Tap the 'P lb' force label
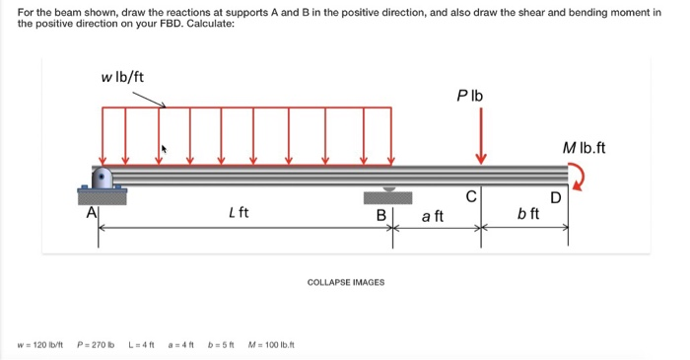[x=470, y=97]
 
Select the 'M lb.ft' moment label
[x=585, y=149]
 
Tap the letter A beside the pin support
[x=92, y=210]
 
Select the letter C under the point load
[x=472, y=195]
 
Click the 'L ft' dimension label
[x=238, y=211]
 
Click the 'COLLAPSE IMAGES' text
[x=346, y=282]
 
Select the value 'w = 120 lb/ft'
[x=40, y=344]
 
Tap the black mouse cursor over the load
[x=165, y=150]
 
